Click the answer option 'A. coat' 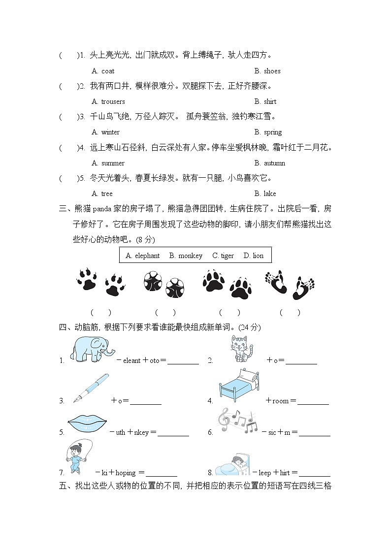103,71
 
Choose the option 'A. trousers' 108,101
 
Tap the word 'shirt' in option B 270,101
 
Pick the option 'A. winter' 105,132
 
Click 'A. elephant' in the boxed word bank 142,256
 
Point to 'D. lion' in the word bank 254,256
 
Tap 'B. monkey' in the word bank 186,256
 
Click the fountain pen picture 91,389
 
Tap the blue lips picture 88,424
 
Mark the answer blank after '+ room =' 313,401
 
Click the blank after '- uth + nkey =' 173,433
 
